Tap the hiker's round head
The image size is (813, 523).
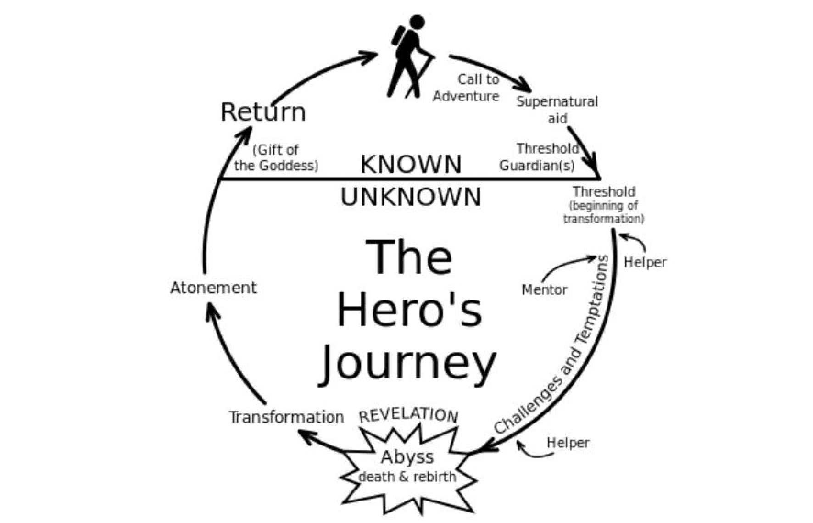tap(417, 22)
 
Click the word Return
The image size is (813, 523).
tap(263, 112)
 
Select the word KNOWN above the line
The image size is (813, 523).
tap(411, 164)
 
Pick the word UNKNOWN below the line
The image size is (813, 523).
tap(411, 197)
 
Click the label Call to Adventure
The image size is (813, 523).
tap(466, 88)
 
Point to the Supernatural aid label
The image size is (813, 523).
tap(557, 110)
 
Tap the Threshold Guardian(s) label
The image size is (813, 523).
tap(540, 157)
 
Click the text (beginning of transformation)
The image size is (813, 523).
tap(603, 212)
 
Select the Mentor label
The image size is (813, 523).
tap(545, 290)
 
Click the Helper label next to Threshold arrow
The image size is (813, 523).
tap(645, 262)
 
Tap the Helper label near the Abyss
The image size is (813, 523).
tap(568, 443)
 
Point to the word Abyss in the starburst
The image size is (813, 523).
tap(407, 457)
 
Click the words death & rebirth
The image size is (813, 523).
tap(407, 477)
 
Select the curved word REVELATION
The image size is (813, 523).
tap(408, 415)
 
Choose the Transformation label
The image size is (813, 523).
tap(286, 417)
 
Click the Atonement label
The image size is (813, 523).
tap(213, 288)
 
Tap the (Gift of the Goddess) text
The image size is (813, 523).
tap(276, 158)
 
